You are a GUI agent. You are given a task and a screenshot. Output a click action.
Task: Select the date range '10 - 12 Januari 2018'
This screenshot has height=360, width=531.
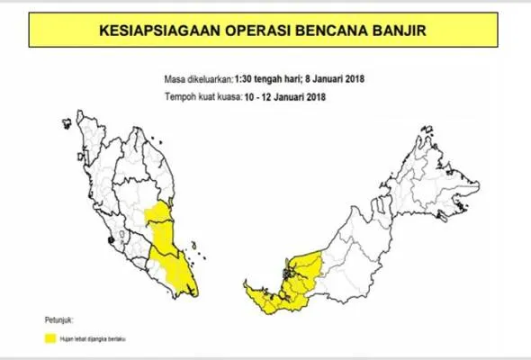click(x=283, y=96)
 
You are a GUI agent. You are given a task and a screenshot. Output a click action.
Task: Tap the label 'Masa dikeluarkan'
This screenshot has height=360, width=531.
click(x=201, y=79)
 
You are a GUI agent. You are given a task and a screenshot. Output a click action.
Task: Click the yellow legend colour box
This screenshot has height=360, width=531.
click(x=52, y=338)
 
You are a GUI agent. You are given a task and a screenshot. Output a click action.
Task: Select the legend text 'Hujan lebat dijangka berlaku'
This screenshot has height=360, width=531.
click(x=94, y=338)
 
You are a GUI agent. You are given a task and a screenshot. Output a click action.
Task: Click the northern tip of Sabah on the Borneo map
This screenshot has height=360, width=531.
click(x=426, y=135)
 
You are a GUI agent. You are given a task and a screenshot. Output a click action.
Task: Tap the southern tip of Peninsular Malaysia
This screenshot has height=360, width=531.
click(x=191, y=293)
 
